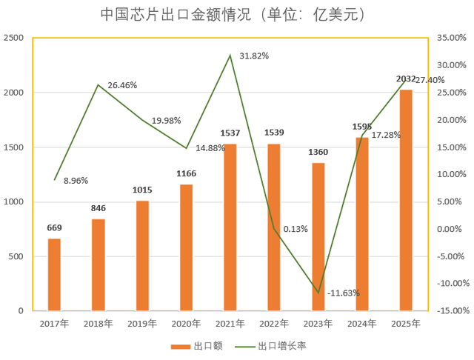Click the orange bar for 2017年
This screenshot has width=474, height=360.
point(54,275)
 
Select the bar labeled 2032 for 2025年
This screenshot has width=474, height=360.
point(406,200)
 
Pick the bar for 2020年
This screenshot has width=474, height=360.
point(186,247)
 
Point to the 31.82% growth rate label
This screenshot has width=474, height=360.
point(253,56)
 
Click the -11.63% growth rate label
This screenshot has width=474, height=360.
point(343,293)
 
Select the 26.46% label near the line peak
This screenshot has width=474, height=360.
point(122,85)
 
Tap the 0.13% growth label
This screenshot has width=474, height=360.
point(296,229)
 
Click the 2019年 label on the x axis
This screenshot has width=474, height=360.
point(141,324)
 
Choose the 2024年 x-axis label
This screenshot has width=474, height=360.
point(362,324)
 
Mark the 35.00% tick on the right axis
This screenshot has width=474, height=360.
point(451,38)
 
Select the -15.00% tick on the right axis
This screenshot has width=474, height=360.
point(451,311)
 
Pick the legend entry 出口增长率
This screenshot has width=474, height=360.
point(278,346)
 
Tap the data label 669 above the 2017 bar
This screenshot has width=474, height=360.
point(54,228)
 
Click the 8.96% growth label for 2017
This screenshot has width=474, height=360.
point(76,180)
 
